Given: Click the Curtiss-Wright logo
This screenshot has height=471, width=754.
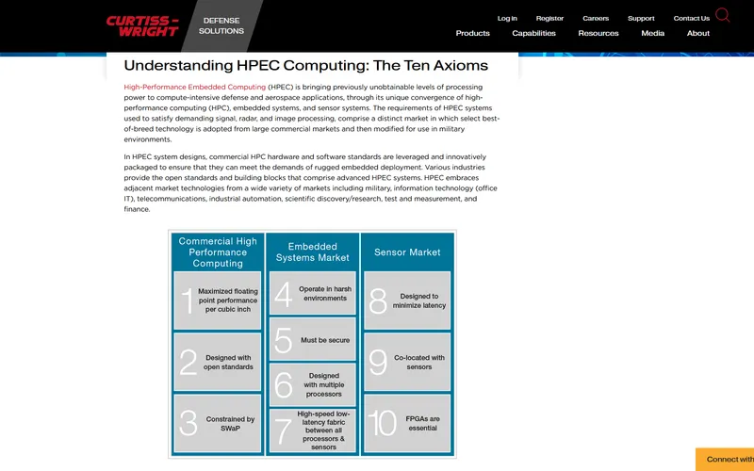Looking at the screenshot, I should click(x=142, y=25).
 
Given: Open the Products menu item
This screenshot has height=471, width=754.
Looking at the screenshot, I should click(x=472, y=33).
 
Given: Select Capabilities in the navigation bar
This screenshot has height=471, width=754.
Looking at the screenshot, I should click(x=533, y=33).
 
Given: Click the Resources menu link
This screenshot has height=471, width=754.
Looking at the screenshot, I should click(x=598, y=33).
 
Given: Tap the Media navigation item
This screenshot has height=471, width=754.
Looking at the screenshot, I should click(x=652, y=33).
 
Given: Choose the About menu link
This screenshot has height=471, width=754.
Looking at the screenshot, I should click(x=698, y=33).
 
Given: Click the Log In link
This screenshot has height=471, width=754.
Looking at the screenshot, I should click(x=507, y=18).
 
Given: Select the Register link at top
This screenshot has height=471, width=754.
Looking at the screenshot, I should click(x=549, y=18).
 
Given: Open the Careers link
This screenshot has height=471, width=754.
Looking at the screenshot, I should click(x=596, y=18).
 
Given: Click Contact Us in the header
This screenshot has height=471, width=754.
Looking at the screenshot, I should click(x=691, y=18).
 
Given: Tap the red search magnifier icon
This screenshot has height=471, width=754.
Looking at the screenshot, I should click(x=723, y=15).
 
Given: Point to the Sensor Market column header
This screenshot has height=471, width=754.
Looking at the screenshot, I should click(x=407, y=252).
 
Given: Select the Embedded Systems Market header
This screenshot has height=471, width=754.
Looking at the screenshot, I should click(x=312, y=252).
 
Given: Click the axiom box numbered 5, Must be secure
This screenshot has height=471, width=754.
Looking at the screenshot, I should click(x=312, y=340).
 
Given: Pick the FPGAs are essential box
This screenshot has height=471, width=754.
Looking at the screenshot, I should click(x=408, y=423).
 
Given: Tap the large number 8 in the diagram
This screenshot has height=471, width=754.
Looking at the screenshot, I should click(x=378, y=301).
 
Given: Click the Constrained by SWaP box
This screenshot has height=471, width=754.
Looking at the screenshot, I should click(x=218, y=424).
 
